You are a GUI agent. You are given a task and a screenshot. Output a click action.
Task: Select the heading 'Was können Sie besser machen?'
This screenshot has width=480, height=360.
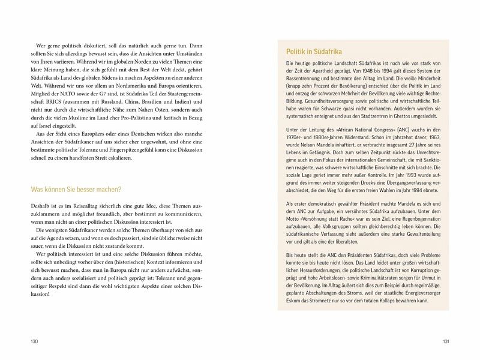click(76, 190)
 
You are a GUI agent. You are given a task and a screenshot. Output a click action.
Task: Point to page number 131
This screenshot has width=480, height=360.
click(446, 341)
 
